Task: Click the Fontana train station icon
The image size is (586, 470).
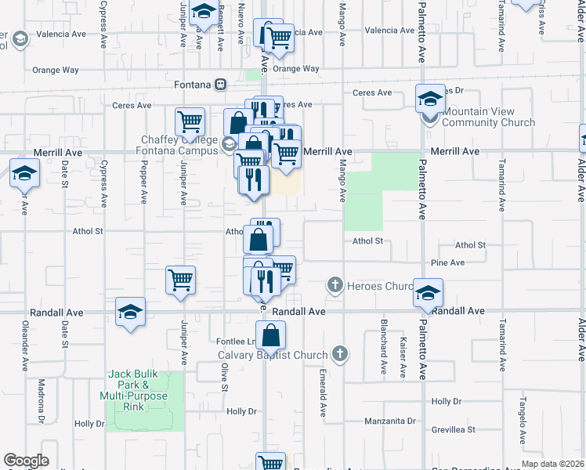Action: (x=222, y=85)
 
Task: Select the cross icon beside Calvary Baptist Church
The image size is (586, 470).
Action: (x=339, y=354)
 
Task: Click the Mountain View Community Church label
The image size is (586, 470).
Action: (x=489, y=117)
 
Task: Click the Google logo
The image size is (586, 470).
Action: (x=26, y=461)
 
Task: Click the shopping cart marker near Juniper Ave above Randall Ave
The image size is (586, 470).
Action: (x=181, y=280)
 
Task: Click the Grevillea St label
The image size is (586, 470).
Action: (x=454, y=430)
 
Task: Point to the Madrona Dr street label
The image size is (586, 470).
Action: (x=41, y=401)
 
